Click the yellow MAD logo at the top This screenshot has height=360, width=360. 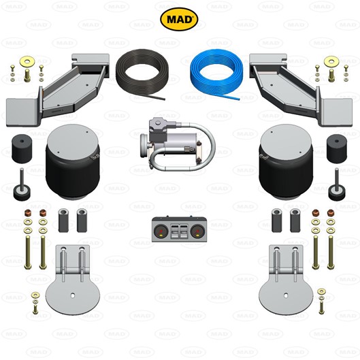click(x=179, y=19)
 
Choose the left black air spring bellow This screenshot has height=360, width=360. click(x=73, y=162)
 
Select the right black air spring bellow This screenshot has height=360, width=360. click(x=286, y=162)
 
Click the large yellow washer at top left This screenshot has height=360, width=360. click(x=27, y=61)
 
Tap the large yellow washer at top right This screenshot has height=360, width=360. click(x=331, y=61)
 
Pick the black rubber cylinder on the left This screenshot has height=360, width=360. click(x=21, y=148)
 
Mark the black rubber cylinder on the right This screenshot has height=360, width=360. click(x=337, y=148)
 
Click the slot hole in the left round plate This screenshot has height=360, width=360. click(x=73, y=296)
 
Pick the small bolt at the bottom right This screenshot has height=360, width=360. click(x=321, y=301)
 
